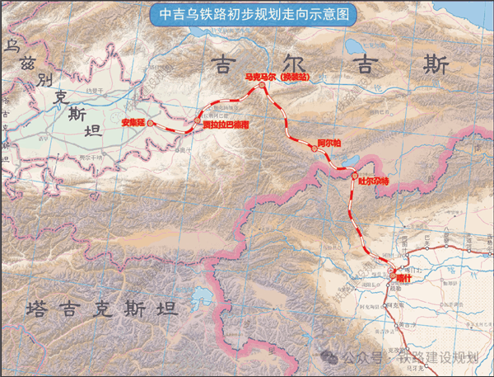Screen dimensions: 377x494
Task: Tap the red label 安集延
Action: point(133,122)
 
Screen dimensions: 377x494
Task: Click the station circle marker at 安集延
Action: point(151,122)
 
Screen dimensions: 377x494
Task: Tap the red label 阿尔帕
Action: point(329,141)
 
